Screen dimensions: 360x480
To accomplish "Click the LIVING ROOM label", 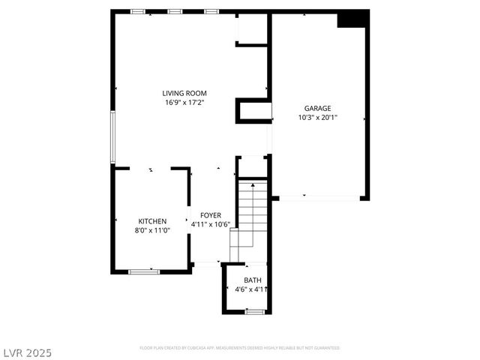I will coord(184,93).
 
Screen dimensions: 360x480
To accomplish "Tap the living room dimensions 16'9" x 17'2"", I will coord(184,103).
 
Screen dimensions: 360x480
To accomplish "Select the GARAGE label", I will coord(317,108).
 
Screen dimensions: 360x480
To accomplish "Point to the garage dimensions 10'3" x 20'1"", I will coord(317,118).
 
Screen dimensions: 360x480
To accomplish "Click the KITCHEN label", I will coord(152,221).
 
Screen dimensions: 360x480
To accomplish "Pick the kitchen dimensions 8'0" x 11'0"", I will coord(152,230).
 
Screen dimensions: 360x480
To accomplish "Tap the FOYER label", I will coord(210,215).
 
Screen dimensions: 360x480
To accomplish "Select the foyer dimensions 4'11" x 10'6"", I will coord(210,224).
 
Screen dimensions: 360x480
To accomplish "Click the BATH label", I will coord(253,280).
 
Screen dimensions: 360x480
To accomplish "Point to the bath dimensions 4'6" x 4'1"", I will coord(252,289).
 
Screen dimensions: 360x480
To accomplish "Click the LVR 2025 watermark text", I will coord(27,351).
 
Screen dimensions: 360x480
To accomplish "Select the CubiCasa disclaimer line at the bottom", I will coord(240,348).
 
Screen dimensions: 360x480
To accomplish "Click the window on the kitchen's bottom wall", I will coord(144,271).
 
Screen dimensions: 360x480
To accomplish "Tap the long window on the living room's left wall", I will coord(112,136).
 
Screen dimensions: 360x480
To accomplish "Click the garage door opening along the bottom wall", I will coord(319,198).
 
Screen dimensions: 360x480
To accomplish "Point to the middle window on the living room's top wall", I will coord(175,11).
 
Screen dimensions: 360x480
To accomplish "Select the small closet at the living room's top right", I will coord(253,28).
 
